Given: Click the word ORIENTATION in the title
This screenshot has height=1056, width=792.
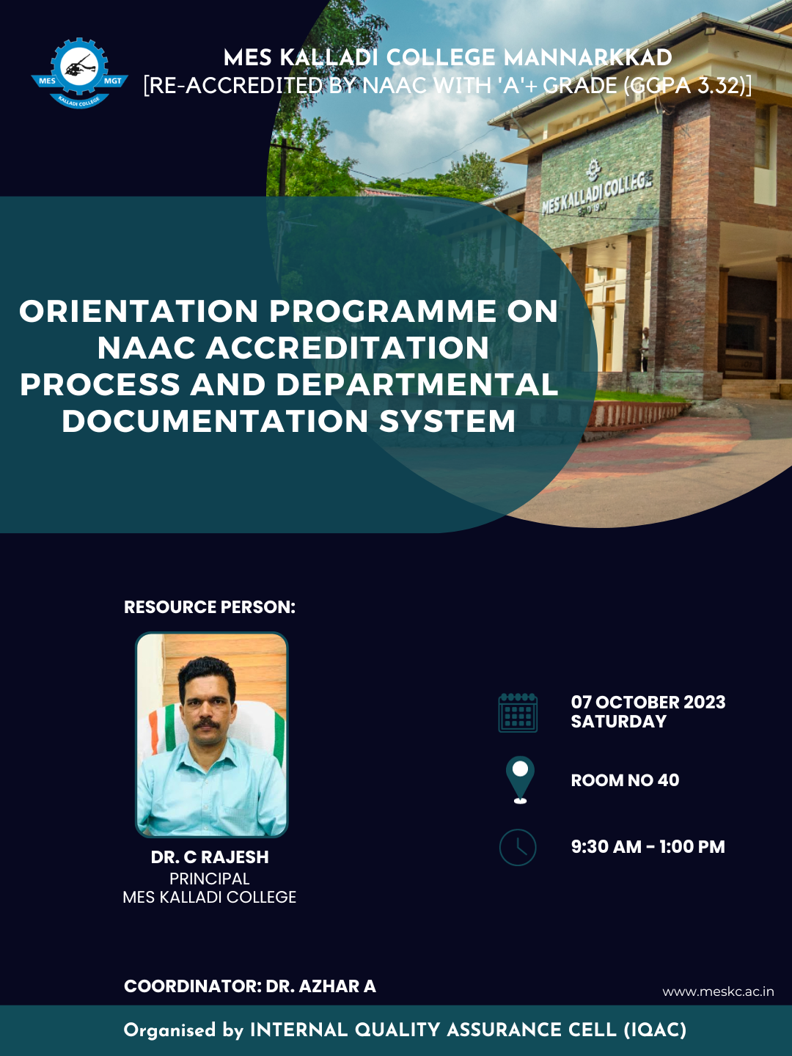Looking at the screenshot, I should click(x=139, y=312).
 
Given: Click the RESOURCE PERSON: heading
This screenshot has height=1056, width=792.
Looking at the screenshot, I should click(x=209, y=607).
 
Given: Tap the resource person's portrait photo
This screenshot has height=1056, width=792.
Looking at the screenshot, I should click(x=212, y=734).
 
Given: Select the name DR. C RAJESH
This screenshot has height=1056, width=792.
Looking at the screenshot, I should click(x=210, y=857).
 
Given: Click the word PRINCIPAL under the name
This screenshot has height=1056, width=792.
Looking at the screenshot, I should click(x=210, y=878).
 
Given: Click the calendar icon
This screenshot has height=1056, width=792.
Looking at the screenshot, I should click(x=518, y=712).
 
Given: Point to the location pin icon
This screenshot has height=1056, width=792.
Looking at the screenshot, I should click(x=520, y=780).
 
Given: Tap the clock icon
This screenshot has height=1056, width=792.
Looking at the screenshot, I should click(x=518, y=847).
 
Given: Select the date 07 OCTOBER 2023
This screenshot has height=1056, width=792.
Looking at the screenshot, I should click(x=648, y=702).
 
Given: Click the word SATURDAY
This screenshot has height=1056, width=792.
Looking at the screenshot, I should click(x=618, y=722).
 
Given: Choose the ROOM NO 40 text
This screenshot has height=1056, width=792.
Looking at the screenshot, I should click(x=625, y=780).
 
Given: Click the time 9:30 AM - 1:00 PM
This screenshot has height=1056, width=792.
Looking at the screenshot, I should click(x=648, y=847).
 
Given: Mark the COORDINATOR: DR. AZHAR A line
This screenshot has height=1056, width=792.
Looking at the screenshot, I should click(x=249, y=986).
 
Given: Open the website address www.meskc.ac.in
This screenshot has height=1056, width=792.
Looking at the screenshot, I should click(x=718, y=991).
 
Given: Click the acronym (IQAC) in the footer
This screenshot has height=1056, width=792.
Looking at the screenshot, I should click(x=655, y=1030).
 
